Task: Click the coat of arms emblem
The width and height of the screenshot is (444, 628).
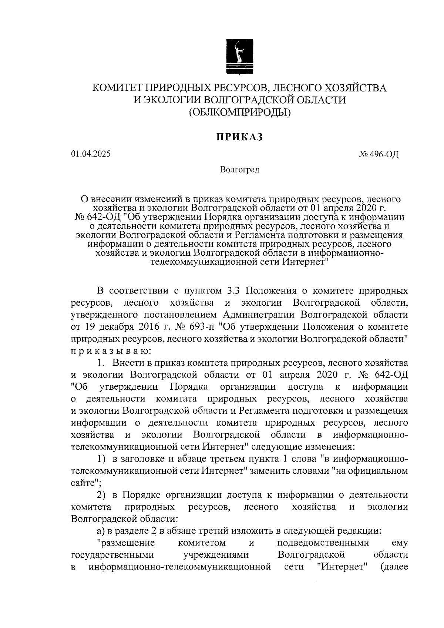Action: pyautogui.click(x=239, y=57)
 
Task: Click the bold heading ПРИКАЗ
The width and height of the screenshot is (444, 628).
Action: pyautogui.click(x=239, y=137)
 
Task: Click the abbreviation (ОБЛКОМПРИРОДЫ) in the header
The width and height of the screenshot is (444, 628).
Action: pyautogui.click(x=239, y=111)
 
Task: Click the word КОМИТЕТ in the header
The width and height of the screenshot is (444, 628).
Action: pyautogui.click(x=117, y=88)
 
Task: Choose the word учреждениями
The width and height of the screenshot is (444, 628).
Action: pyautogui.click(x=216, y=555)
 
